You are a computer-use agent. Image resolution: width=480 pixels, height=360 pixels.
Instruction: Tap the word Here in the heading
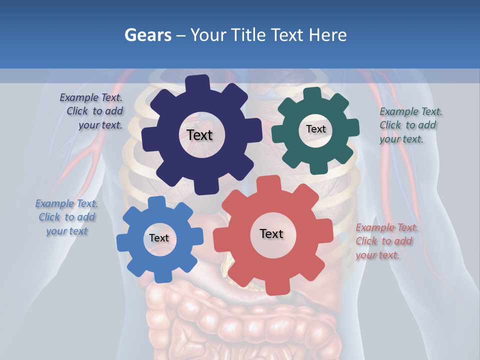[328, 35]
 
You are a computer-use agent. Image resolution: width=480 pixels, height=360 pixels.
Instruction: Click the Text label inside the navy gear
[199, 135]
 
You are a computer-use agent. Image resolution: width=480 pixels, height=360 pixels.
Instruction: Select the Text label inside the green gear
[315, 129]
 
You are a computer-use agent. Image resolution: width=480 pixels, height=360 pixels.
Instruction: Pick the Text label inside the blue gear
[159, 238]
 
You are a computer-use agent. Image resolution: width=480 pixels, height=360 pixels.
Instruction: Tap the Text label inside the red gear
[271, 233]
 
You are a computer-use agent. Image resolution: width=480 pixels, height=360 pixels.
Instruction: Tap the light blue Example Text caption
[66, 217]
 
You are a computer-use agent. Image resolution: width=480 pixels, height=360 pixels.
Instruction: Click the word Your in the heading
[207, 35]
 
